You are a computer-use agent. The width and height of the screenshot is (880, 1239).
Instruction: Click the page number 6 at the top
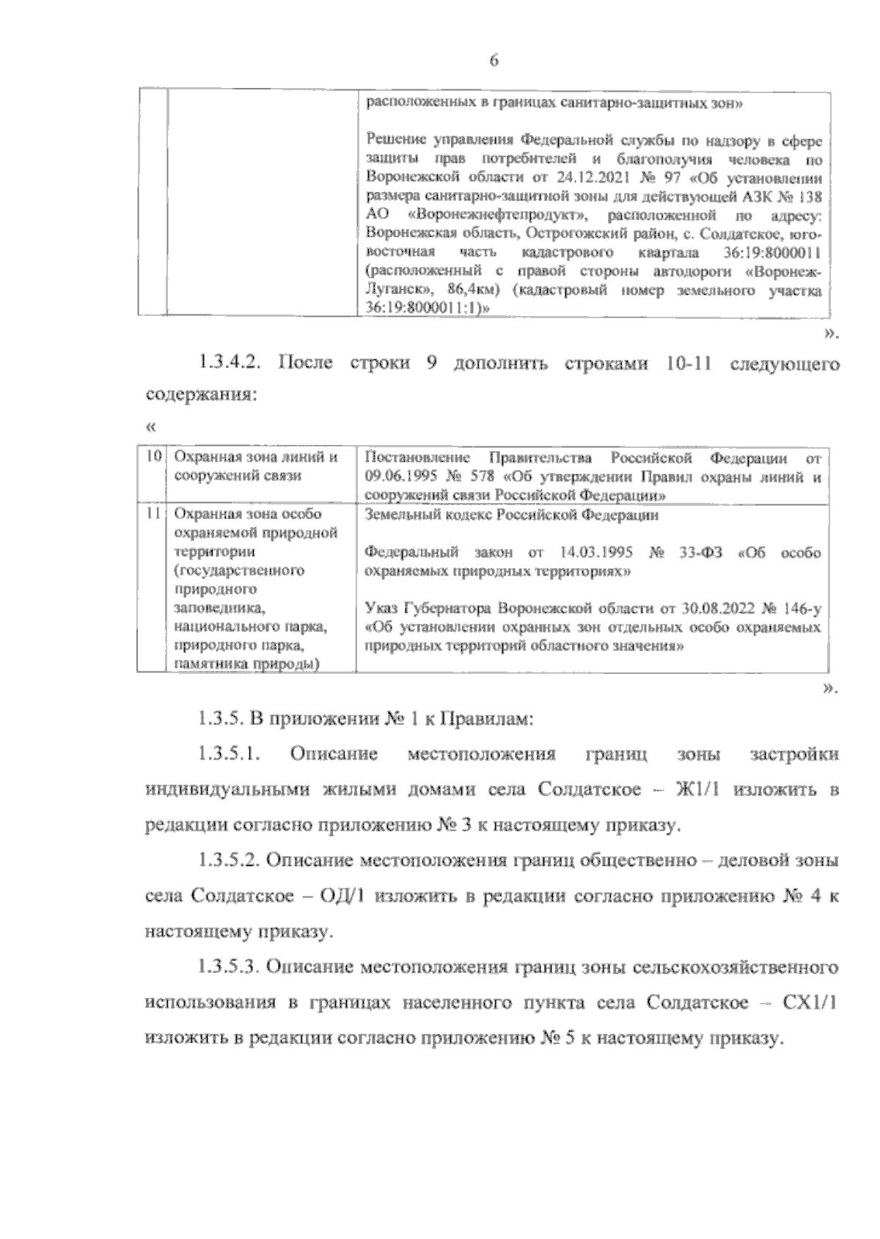point(494,62)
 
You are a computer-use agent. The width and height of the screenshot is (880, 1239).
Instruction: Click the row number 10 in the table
point(153,458)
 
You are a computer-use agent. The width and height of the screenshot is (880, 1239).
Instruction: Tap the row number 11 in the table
point(153,515)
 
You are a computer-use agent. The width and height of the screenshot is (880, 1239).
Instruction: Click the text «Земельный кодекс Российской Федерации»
point(511,515)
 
